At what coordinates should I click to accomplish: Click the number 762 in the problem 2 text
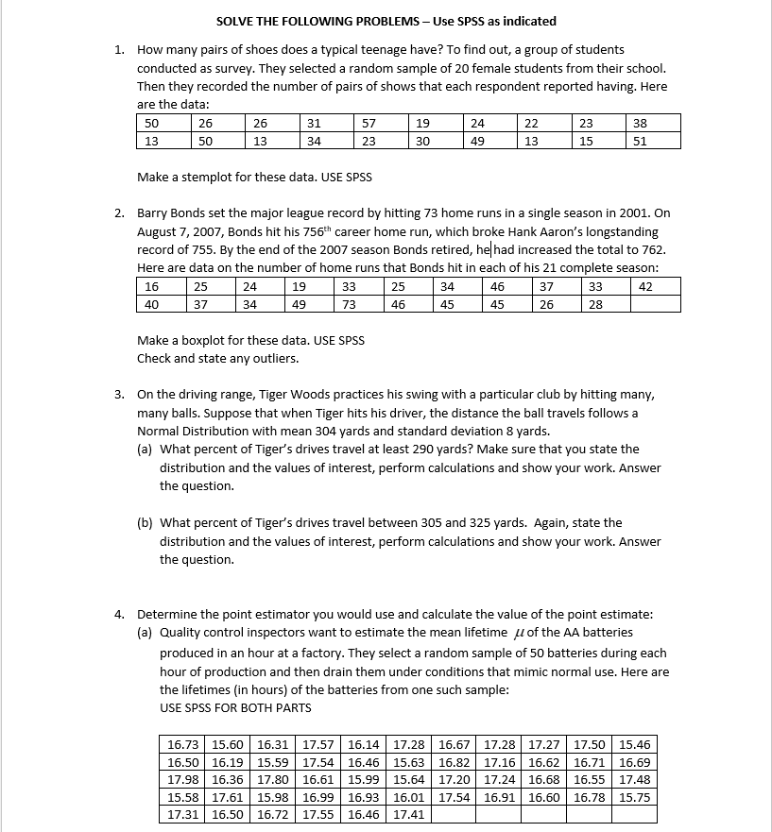651,250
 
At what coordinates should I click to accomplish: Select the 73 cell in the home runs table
348,304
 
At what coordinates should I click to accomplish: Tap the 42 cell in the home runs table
645,286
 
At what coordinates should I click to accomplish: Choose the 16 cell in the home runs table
151,286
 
